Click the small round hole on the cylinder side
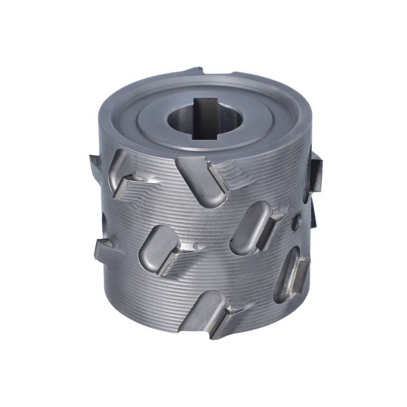pos(295,222)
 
